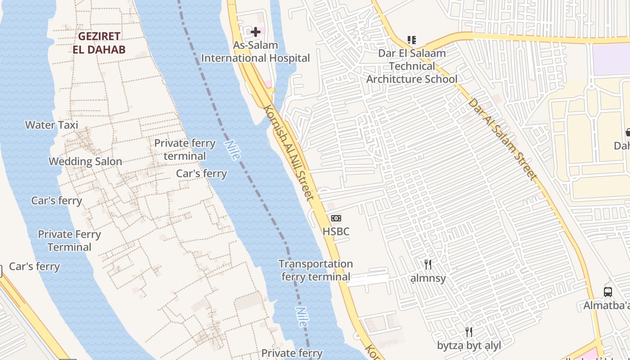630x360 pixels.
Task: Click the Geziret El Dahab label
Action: (x=99, y=43)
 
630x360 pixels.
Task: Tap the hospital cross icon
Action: (x=256, y=32)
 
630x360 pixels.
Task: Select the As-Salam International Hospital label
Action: (x=255, y=52)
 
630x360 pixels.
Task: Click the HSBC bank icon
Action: (x=336, y=218)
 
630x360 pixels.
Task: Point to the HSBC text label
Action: (x=336, y=232)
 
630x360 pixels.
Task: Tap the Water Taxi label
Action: (x=51, y=125)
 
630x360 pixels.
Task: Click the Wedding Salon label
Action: (x=85, y=162)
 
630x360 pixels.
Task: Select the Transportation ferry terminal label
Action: (x=315, y=270)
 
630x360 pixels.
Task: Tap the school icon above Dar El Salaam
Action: (x=411, y=40)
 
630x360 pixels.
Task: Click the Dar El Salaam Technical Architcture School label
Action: (x=412, y=66)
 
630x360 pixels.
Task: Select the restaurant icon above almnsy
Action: (x=428, y=264)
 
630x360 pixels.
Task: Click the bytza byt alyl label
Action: (x=469, y=346)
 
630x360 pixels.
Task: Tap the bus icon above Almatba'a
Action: (x=608, y=292)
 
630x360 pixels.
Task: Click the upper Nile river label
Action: (x=232, y=150)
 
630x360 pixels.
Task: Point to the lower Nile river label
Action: (x=302, y=317)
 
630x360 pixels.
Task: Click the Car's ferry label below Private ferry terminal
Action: (x=201, y=174)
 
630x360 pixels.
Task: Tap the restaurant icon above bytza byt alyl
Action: (x=469, y=332)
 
